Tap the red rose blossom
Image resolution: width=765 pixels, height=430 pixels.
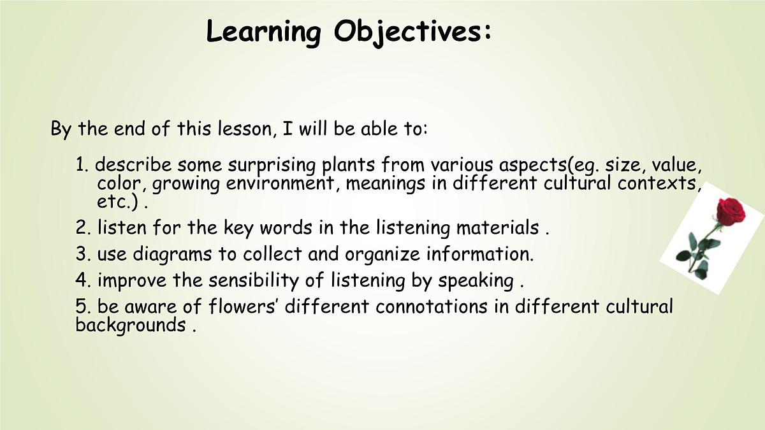pos(731,210)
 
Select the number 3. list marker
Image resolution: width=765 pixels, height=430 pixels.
pos(84,254)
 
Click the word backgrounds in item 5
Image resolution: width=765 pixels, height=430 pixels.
pos(130,325)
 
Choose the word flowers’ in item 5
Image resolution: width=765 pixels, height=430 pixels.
pos(244,306)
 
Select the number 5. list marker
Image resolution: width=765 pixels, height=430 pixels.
pos(84,306)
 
